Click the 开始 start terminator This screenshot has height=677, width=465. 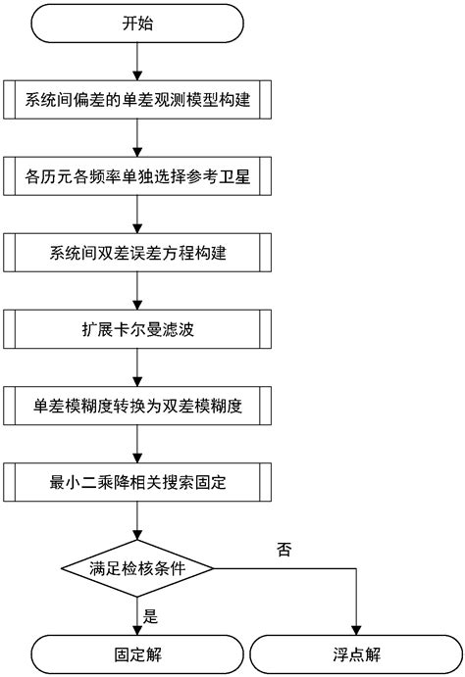point(137,24)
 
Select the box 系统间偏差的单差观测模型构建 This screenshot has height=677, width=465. point(137,101)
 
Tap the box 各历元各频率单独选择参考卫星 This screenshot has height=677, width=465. point(137,176)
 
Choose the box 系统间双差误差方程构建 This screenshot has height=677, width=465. point(137,253)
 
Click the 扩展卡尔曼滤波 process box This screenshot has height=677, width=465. point(137,328)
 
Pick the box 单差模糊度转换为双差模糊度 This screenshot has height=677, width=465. point(137,405)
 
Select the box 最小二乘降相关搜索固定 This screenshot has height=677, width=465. point(137,481)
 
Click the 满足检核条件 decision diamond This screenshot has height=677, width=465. point(137,568)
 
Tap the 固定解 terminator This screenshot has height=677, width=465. point(137,653)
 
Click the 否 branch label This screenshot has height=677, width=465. point(285,550)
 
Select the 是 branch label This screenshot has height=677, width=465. point(151,616)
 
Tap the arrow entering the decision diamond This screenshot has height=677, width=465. point(137,523)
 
